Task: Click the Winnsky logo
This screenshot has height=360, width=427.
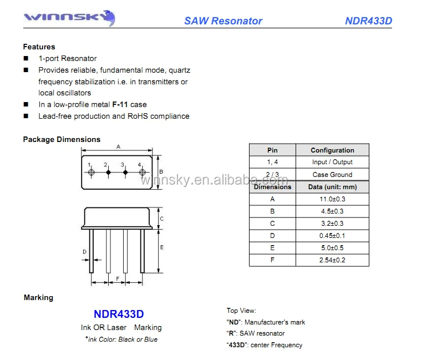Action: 69,18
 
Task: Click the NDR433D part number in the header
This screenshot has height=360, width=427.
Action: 368,21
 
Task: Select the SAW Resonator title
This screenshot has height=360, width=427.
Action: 223,21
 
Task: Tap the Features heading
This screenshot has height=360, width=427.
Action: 39,47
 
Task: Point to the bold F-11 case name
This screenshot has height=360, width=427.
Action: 120,104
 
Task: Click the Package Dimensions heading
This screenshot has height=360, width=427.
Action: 62,139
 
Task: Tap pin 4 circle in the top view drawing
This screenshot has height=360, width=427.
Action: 142,173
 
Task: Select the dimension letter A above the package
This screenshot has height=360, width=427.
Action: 118,147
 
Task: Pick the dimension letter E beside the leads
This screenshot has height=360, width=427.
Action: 162,247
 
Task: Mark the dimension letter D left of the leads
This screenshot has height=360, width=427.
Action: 84,252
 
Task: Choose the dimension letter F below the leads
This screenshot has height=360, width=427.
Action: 117,278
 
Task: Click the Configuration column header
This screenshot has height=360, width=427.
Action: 332,150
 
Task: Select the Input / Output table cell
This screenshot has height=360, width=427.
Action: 332,162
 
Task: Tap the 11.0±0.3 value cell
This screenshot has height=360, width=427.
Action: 332,199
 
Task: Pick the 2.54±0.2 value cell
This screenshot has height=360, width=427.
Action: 332,260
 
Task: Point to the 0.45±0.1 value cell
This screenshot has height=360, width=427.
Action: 332,236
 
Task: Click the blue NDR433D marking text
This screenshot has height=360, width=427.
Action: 119,314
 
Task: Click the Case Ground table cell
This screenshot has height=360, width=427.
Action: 332,175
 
